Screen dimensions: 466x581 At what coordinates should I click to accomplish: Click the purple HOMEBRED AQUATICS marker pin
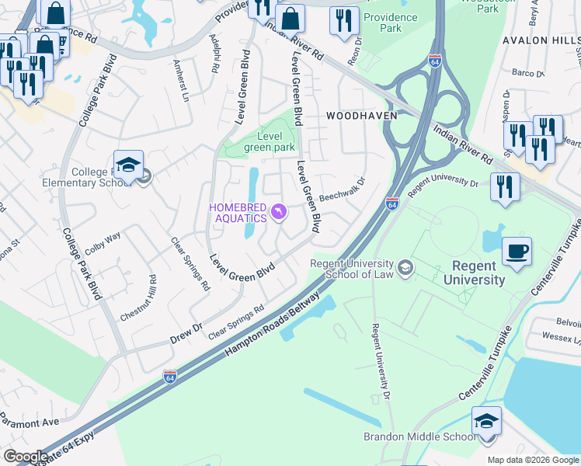pyautogui.click(x=278, y=211)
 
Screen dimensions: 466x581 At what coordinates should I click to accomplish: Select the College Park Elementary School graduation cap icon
pyautogui.click(x=128, y=165)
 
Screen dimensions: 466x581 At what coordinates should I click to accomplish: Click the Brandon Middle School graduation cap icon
pyautogui.click(x=486, y=421)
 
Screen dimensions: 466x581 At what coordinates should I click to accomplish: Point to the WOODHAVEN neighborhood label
pyautogui.click(x=361, y=115)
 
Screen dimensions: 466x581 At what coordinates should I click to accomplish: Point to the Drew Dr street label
pyautogui.click(x=186, y=333)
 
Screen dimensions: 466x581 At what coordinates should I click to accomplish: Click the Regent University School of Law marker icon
pyautogui.click(x=405, y=269)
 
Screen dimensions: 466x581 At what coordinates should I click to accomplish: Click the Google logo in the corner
pyautogui.click(x=25, y=457)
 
